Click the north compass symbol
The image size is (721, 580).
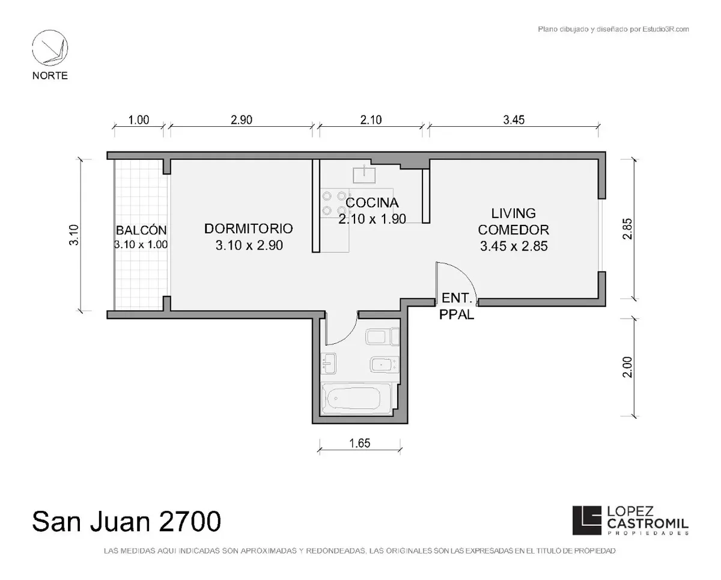pyautogui.click(x=50, y=47)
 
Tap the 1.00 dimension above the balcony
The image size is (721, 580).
pyautogui.click(x=139, y=120)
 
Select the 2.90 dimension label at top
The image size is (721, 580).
pyautogui.click(x=241, y=120)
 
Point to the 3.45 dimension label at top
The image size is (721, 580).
pyautogui.click(x=514, y=120)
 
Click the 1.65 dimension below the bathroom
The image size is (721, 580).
pyautogui.click(x=360, y=443)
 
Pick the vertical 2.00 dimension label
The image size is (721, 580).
pyautogui.click(x=627, y=367)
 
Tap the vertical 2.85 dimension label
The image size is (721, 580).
pyautogui.click(x=627, y=229)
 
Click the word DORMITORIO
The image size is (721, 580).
pyautogui.click(x=249, y=228)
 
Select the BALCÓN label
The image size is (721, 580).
pyautogui.click(x=141, y=230)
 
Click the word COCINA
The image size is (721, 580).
pyautogui.click(x=372, y=203)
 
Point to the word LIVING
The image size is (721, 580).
pyautogui.click(x=514, y=213)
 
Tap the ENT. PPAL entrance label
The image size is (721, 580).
pyautogui.click(x=457, y=306)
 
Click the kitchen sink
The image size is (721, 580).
pyautogui.click(x=364, y=174)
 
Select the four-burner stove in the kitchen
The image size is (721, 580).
pyautogui.click(x=334, y=203)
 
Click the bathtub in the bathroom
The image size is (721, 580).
pyautogui.click(x=356, y=398)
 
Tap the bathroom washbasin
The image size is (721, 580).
pyautogui.click(x=328, y=363)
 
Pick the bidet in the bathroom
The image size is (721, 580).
pyautogui.click(x=385, y=365)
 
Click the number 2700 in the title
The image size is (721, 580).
pyautogui.click(x=190, y=521)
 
